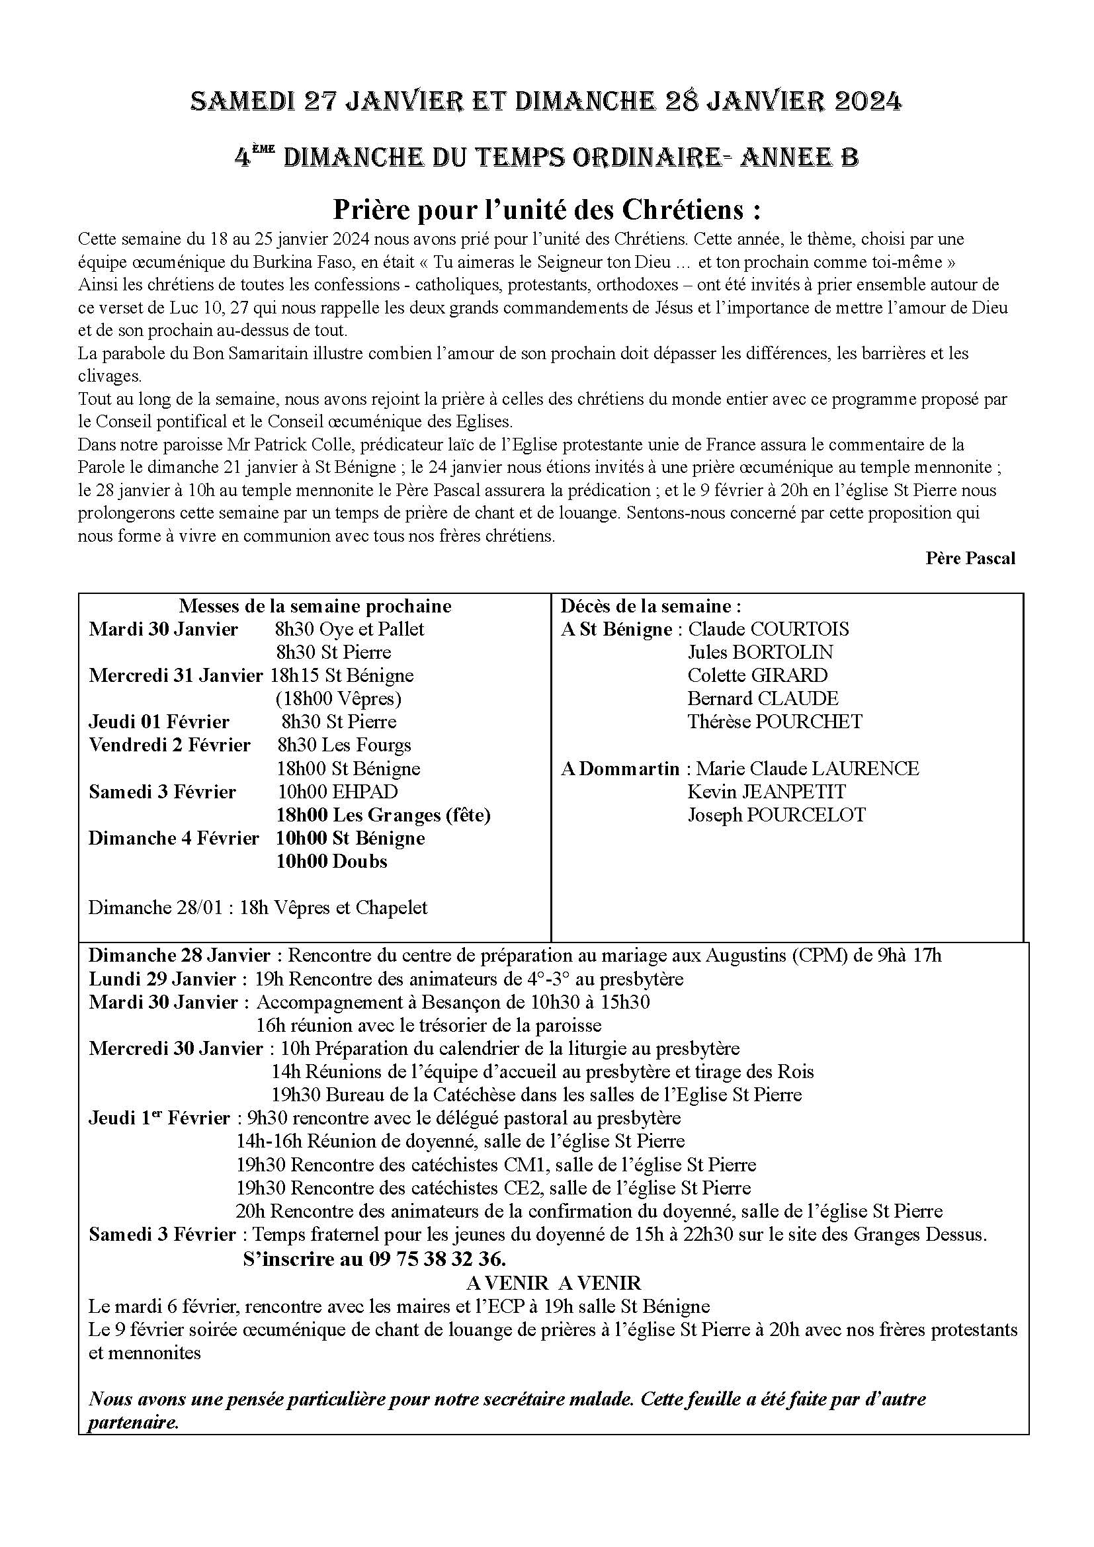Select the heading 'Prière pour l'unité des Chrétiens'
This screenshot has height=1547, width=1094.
pyautogui.click(x=547, y=211)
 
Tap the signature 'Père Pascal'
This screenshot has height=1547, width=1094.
pyautogui.click(x=970, y=558)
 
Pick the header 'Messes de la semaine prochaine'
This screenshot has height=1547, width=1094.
pyautogui.click(x=316, y=606)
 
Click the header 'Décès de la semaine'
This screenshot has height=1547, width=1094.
pyautogui.click(x=651, y=606)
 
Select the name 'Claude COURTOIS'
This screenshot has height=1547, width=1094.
pyautogui.click(x=768, y=629)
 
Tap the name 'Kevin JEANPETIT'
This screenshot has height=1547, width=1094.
pyautogui.click(x=767, y=792)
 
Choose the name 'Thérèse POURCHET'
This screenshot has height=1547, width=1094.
pyautogui.click(x=775, y=722)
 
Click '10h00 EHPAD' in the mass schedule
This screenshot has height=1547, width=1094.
pyautogui.click(x=337, y=792)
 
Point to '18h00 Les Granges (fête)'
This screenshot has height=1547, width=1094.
pyautogui.click(x=384, y=815)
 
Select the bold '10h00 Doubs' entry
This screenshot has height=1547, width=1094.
pyautogui.click(x=331, y=861)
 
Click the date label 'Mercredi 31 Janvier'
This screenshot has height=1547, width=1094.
pyautogui.click(x=175, y=675)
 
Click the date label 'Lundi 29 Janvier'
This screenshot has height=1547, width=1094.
pyautogui.click(x=162, y=979)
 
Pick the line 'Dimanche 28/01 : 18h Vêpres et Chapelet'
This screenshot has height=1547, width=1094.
pyautogui.click(x=258, y=907)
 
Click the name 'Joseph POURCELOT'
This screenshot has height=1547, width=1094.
pyautogui.click(x=776, y=815)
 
